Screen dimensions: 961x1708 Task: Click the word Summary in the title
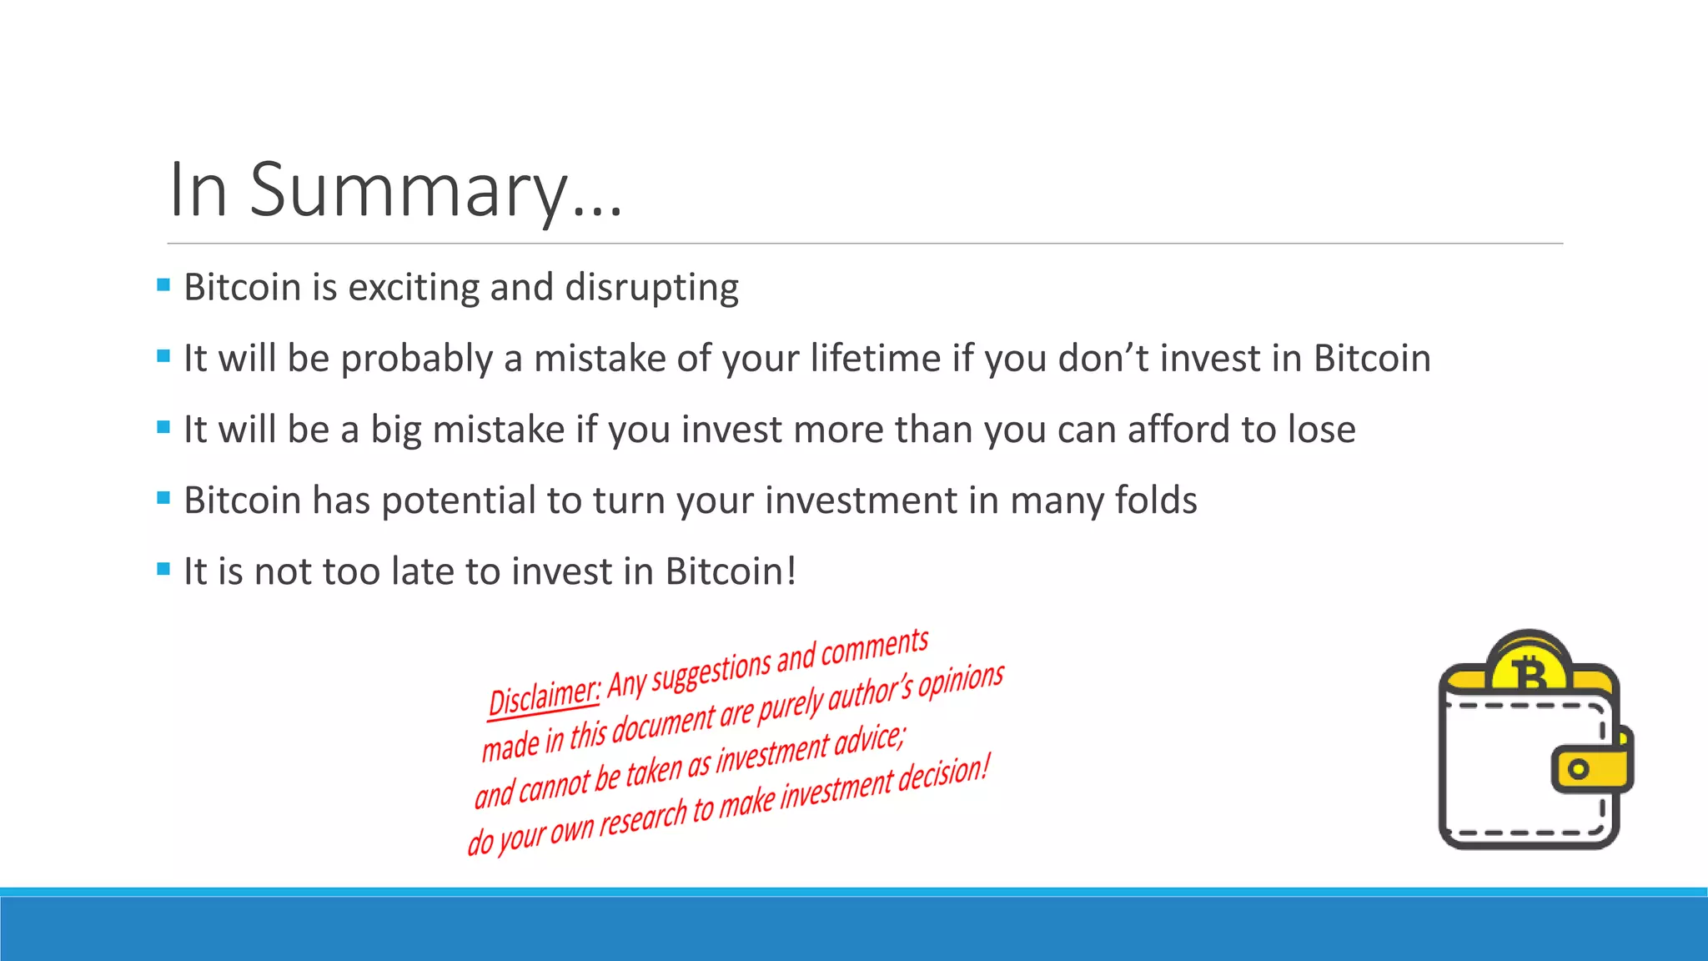tap(409, 190)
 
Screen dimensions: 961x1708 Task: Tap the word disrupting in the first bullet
tap(651, 288)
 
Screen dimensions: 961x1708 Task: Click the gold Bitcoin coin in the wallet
tap(1529, 667)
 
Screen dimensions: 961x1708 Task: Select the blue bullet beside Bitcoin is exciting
tap(163, 285)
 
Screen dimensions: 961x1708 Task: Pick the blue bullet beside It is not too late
tap(163, 570)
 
